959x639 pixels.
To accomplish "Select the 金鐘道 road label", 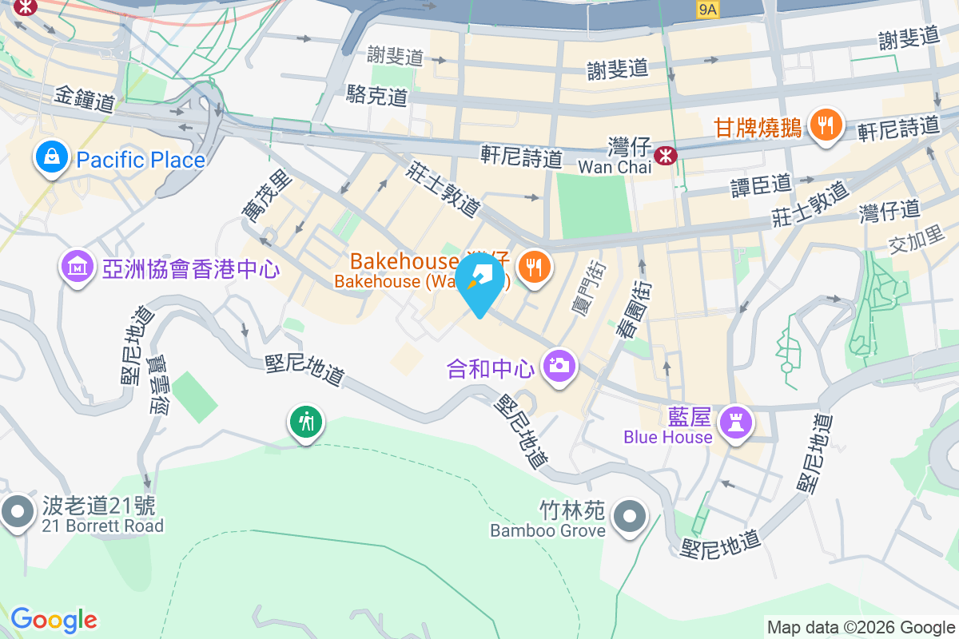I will coord(85,99).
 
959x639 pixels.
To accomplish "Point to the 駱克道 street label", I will coord(377,97).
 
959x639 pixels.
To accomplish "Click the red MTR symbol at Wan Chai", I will coord(664,156).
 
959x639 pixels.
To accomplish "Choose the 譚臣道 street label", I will coord(761,185).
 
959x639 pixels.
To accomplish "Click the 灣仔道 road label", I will coord(889,211).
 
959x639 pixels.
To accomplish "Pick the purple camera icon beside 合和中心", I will coord(559,367).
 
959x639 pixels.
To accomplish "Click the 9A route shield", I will coord(708,9).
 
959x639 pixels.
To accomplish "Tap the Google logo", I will coord(54,620).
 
